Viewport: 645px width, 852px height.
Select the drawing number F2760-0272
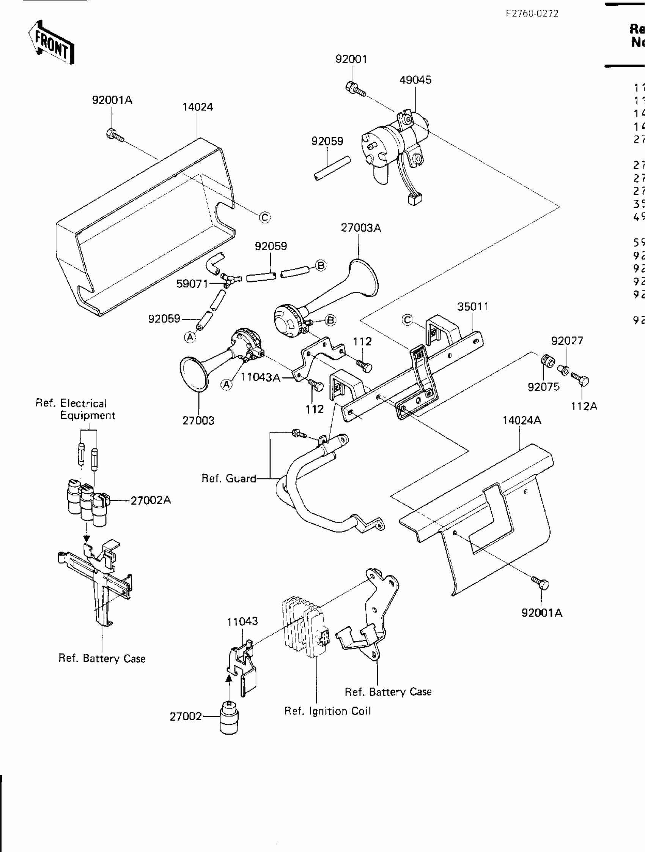[532, 14]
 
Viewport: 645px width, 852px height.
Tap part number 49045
[415, 80]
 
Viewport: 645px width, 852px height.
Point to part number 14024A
[521, 420]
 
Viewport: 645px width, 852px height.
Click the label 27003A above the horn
[360, 228]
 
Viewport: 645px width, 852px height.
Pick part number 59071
[192, 284]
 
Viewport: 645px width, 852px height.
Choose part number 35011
[473, 307]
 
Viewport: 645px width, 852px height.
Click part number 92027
[567, 341]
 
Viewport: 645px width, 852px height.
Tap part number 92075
[543, 387]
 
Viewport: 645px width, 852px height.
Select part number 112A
[584, 406]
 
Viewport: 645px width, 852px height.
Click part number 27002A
[151, 500]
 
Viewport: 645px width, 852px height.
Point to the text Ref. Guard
[229, 478]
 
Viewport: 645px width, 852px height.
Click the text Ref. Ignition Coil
[327, 711]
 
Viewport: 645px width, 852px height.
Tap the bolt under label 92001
[355, 89]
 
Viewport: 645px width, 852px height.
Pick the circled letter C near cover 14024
[265, 218]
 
